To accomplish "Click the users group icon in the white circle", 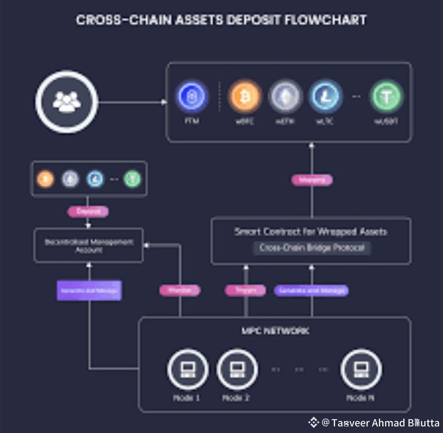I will [x=66, y=101].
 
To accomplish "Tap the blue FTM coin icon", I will [x=192, y=97].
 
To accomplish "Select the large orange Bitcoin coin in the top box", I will [x=245, y=97].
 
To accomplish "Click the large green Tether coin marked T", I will [x=386, y=97].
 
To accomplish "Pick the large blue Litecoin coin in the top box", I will [x=325, y=97].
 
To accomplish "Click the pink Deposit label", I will [x=88, y=212].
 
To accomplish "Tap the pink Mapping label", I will [x=312, y=180].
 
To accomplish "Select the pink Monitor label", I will [x=180, y=290].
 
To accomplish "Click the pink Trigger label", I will [x=246, y=290].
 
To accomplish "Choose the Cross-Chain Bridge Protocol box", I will [x=312, y=248].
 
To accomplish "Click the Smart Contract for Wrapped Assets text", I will [x=311, y=232].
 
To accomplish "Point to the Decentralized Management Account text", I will [x=89, y=245].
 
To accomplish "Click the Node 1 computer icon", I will [x=187, y=369].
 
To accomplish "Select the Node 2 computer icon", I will [x=237, y=369].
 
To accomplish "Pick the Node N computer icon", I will [x=361, y=369].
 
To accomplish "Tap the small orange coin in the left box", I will [x=45, y=179].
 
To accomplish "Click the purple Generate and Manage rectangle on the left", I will [x=89, y=290].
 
